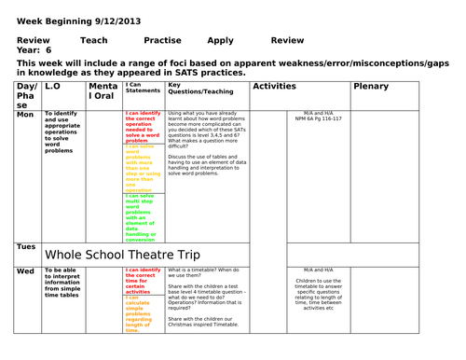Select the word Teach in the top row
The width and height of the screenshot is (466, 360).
93,41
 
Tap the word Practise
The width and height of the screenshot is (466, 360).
162,41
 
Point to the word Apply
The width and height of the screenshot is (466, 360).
221,41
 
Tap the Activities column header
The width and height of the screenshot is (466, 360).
274,86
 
